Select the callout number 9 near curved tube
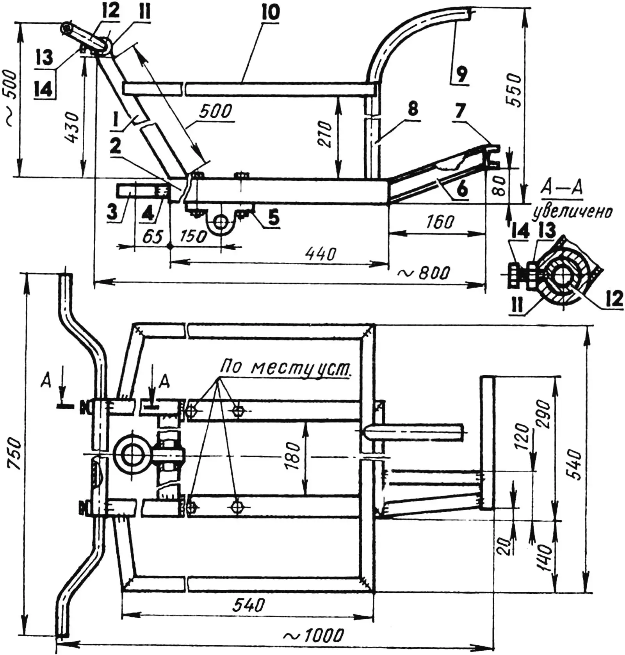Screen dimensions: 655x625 461,73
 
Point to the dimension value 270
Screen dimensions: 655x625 324,134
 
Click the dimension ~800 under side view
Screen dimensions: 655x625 423,273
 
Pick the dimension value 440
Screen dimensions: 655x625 321,254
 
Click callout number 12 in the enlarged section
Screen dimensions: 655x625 614,299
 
